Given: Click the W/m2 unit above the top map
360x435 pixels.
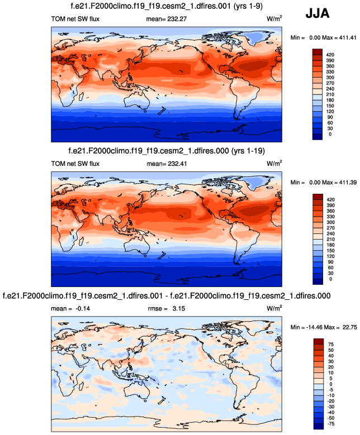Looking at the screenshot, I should pyautogui.click(x=274, y=20).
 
